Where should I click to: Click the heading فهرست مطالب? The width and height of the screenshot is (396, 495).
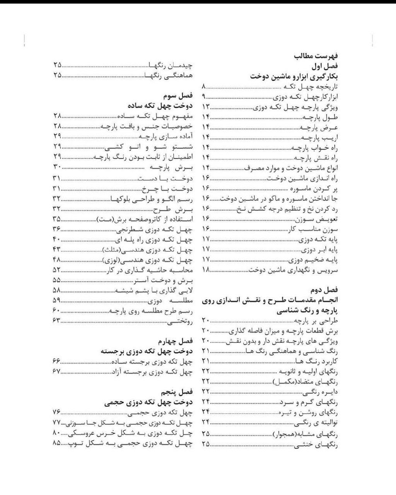(316, 56)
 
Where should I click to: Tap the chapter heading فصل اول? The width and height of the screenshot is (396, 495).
(325, 66)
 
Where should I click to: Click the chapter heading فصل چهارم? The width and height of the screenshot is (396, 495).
(176, 341)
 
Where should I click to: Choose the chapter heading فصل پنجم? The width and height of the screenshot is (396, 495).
(178, 392)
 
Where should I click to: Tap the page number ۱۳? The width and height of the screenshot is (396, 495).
(205, 106)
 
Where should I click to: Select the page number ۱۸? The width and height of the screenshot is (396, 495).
(205, 270)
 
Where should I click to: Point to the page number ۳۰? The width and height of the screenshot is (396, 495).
(57, 167)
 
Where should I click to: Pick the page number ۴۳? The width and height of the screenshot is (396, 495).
(57, 249)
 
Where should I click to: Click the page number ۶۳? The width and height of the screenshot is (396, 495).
(57, 320)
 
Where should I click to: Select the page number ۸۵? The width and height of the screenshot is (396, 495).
(56, 443)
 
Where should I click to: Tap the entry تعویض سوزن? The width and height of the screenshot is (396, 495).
(323, 219)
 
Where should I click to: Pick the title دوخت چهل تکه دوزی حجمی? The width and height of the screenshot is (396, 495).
(148, 402)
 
